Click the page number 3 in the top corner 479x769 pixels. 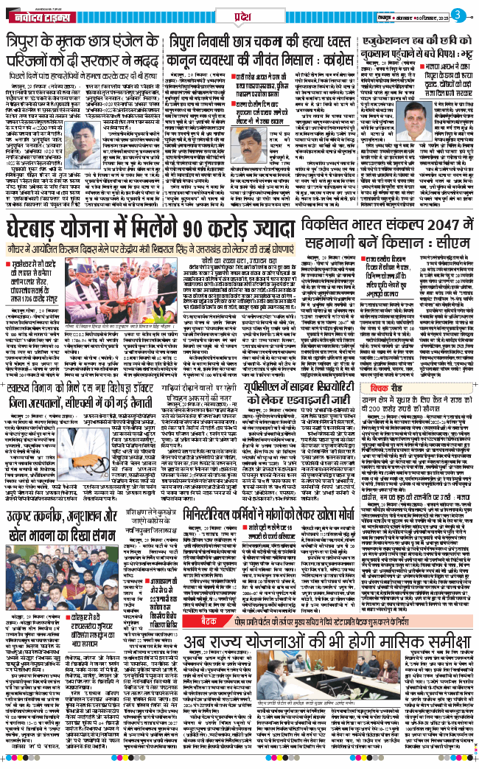(458, 15)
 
